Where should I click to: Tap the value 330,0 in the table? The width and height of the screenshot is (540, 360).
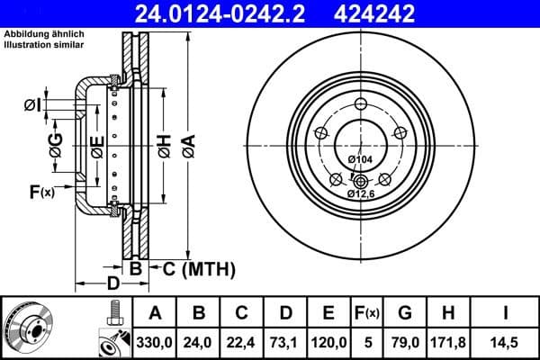tap(155, 343)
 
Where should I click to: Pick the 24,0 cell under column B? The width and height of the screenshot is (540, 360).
tap(199, 343)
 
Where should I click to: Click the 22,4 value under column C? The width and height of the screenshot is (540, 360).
tap(242, 343)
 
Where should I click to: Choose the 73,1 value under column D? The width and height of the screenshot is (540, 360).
tap(285, 343)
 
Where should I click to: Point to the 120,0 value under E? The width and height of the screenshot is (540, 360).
tap(328, 343)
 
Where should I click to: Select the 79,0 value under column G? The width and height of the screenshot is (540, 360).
tap(406, 343)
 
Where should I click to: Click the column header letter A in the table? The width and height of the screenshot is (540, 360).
tap(155, 314)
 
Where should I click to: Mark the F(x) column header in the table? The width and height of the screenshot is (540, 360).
tap(369, 314)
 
